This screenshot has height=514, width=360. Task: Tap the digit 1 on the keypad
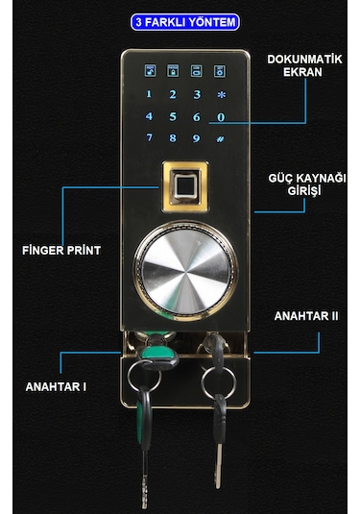(149, 94)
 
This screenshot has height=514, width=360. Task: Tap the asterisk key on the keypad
(222, 95)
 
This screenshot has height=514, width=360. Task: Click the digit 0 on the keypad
(222, 117)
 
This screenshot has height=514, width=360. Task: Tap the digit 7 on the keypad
(149, 138)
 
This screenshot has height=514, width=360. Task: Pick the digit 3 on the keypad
(197, 94)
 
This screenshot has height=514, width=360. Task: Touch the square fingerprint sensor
(186, 185)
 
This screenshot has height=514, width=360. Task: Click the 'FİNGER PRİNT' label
(61, 250)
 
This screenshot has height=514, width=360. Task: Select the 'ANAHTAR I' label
(56, 386)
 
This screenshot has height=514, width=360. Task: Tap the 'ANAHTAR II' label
(305, 314)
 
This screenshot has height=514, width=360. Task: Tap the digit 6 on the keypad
(197, 117)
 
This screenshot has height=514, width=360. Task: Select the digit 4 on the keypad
(149, 117)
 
